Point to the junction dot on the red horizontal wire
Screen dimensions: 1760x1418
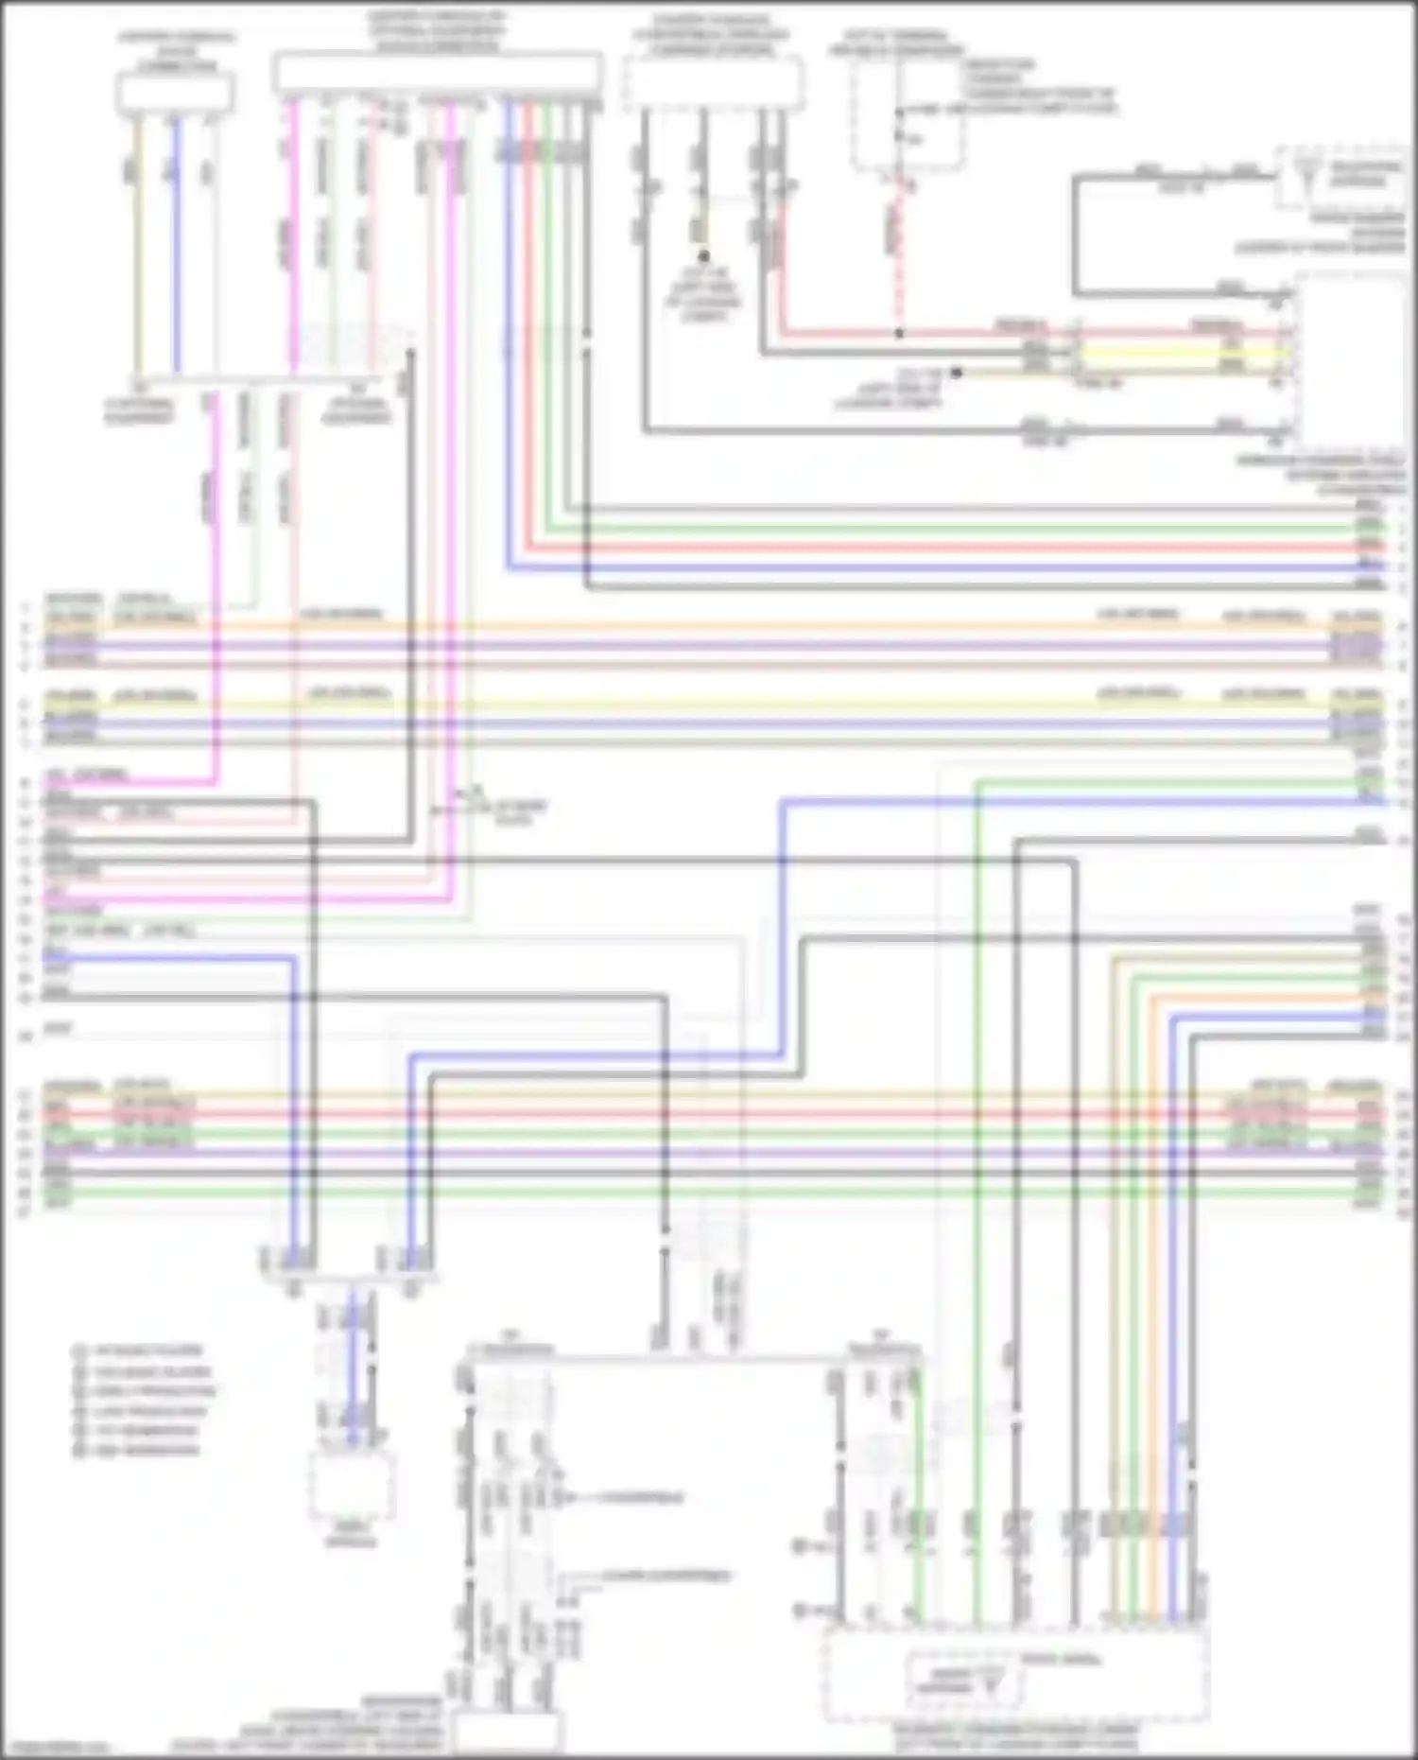[x=899, y=334]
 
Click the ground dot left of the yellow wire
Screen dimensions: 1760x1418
[x=957, y=374]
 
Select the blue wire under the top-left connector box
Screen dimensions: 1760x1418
[x=176, y=246]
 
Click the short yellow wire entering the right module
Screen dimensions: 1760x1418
[x=1182, y=353]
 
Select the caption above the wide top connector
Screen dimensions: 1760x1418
[x=437, y=31]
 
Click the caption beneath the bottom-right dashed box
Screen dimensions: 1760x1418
[x=1016, y=1734]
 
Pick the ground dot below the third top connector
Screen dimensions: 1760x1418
[x=703, y=256]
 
